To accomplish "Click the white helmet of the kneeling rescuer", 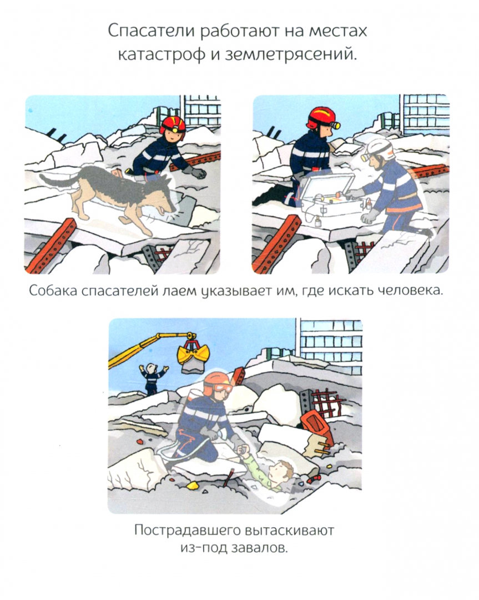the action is (x=379, y=149).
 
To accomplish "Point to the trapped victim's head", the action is (x=281, y=473).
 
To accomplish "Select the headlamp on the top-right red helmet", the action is (x=335, y=125).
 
